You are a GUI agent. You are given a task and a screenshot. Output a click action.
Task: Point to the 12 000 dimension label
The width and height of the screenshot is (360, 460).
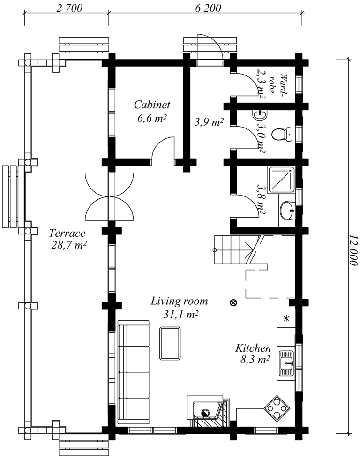[354, 250]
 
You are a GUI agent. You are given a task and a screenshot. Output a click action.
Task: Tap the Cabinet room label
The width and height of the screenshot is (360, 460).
[152, 105]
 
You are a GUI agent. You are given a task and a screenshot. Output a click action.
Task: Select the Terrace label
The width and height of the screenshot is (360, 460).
[67, 233]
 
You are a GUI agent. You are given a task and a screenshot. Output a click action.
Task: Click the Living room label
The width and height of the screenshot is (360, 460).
[179, 301]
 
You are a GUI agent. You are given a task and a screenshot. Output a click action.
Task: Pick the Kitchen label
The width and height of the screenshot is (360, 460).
[253, 348]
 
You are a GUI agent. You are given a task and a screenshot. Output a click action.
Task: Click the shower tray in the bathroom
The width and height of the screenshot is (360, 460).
[281, 179]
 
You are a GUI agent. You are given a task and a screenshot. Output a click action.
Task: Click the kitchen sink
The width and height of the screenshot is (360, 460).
[286, 363]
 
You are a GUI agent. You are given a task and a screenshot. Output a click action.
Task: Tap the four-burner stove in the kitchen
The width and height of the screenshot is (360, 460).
[277, 407]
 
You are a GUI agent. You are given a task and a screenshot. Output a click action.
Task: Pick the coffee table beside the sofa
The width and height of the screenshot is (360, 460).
[170, 343]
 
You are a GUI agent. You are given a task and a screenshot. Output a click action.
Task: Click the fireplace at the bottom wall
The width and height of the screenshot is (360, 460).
[209, 411]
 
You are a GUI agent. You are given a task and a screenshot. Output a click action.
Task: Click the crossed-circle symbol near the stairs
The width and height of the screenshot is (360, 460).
[233, 302]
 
